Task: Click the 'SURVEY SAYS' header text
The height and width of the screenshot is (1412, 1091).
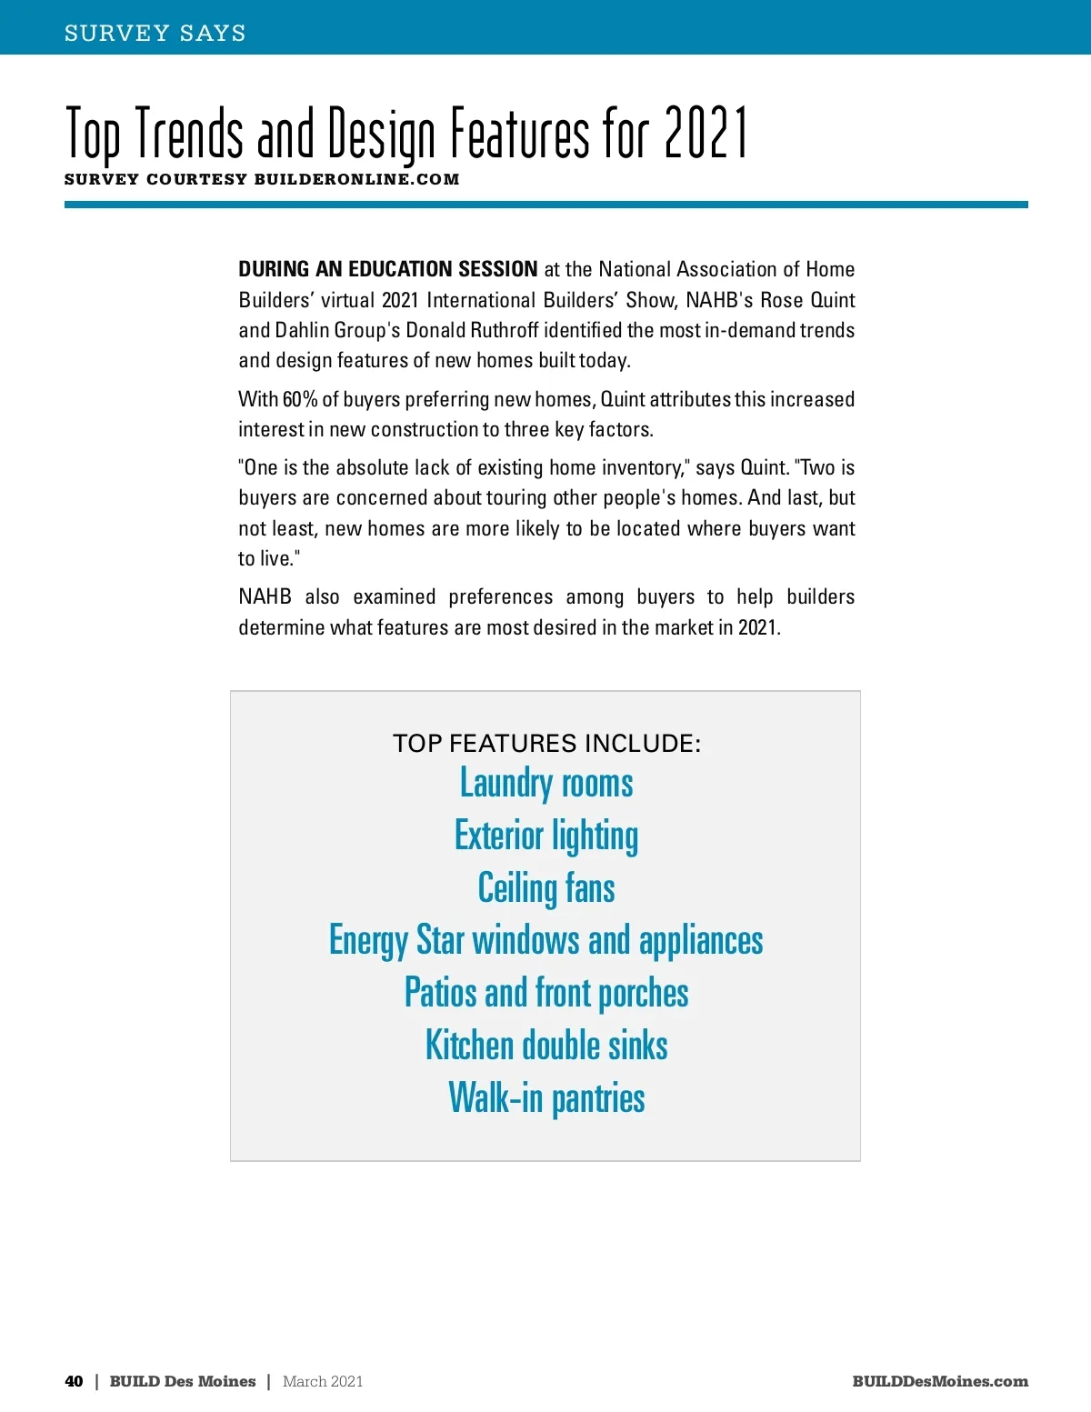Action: tap(155, 34)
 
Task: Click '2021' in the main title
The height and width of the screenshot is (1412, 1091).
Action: tap(706, 134)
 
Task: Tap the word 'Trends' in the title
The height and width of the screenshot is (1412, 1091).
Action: tap(189, 134)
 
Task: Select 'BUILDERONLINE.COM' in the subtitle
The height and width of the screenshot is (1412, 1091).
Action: tap(356, 179)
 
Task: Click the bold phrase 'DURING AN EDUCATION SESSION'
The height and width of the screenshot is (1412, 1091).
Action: tap(388, 269)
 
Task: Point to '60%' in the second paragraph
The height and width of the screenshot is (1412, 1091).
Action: tap(299, 399)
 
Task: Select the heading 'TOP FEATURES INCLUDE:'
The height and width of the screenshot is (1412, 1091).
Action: tap(546, 744)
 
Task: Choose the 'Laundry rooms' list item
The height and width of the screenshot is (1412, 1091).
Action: tap(546, 784)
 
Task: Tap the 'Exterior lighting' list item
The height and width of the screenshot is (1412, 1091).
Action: tap(546, 836)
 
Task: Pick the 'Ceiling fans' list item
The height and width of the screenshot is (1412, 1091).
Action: tap(546, 888)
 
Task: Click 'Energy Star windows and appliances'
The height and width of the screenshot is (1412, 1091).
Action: tap(546, 941)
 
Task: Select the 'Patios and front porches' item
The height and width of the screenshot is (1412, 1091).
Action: tap(546, 993)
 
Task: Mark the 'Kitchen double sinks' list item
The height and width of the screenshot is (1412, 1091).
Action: tap(546, 1046)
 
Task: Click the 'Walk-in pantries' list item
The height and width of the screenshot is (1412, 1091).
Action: tap(546, 1098)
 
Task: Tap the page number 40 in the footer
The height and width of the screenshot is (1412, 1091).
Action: tap(74, 1381)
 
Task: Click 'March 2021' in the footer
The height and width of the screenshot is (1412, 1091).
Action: tap(323, 1381)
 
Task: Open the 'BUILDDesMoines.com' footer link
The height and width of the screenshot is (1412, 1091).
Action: tap(940, 1381)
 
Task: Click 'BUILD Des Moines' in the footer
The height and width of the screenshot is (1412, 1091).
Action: tap(183, 1381)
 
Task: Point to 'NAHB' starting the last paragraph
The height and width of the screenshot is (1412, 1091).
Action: tap(265, 597)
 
